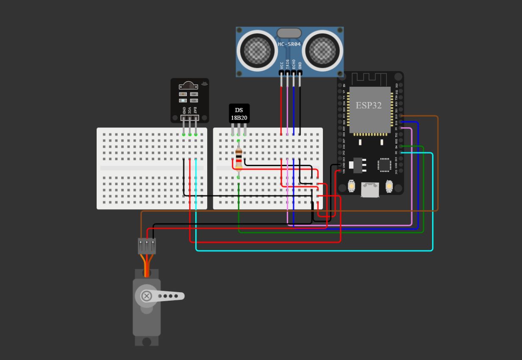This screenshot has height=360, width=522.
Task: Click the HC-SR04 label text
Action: [x=289, y=44]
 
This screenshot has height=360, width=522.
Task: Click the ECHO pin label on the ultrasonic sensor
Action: [x=294, y=64]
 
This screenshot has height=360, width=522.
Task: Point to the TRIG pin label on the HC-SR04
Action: [x=288, y=64]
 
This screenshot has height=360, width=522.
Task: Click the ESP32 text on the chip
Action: [x=368, y=105]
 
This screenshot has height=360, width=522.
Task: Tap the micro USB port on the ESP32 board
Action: [x=370, y=190]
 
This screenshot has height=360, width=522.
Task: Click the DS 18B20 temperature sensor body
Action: [x=239, y=114]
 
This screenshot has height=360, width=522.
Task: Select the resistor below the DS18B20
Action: [x=239, y=158]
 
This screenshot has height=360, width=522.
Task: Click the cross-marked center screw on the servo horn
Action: [x=147, y=296]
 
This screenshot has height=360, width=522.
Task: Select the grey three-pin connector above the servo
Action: [x=147, y=246]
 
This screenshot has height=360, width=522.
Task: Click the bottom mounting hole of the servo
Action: [x=147, y=341]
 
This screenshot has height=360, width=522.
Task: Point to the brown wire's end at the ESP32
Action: [x=401, y=116]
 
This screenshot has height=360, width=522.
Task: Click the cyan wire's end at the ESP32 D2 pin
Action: [x=401, y=152]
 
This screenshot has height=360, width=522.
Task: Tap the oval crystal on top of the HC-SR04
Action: [x=289, y=33]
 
